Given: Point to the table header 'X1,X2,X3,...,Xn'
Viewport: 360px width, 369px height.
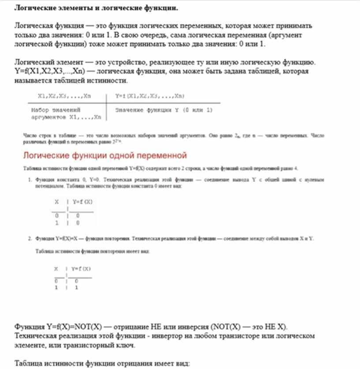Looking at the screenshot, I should (x=64, y=96).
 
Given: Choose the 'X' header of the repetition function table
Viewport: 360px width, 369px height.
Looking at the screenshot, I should (x=56, y=268).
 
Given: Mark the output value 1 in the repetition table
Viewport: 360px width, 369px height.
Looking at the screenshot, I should (x=76, y=287).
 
